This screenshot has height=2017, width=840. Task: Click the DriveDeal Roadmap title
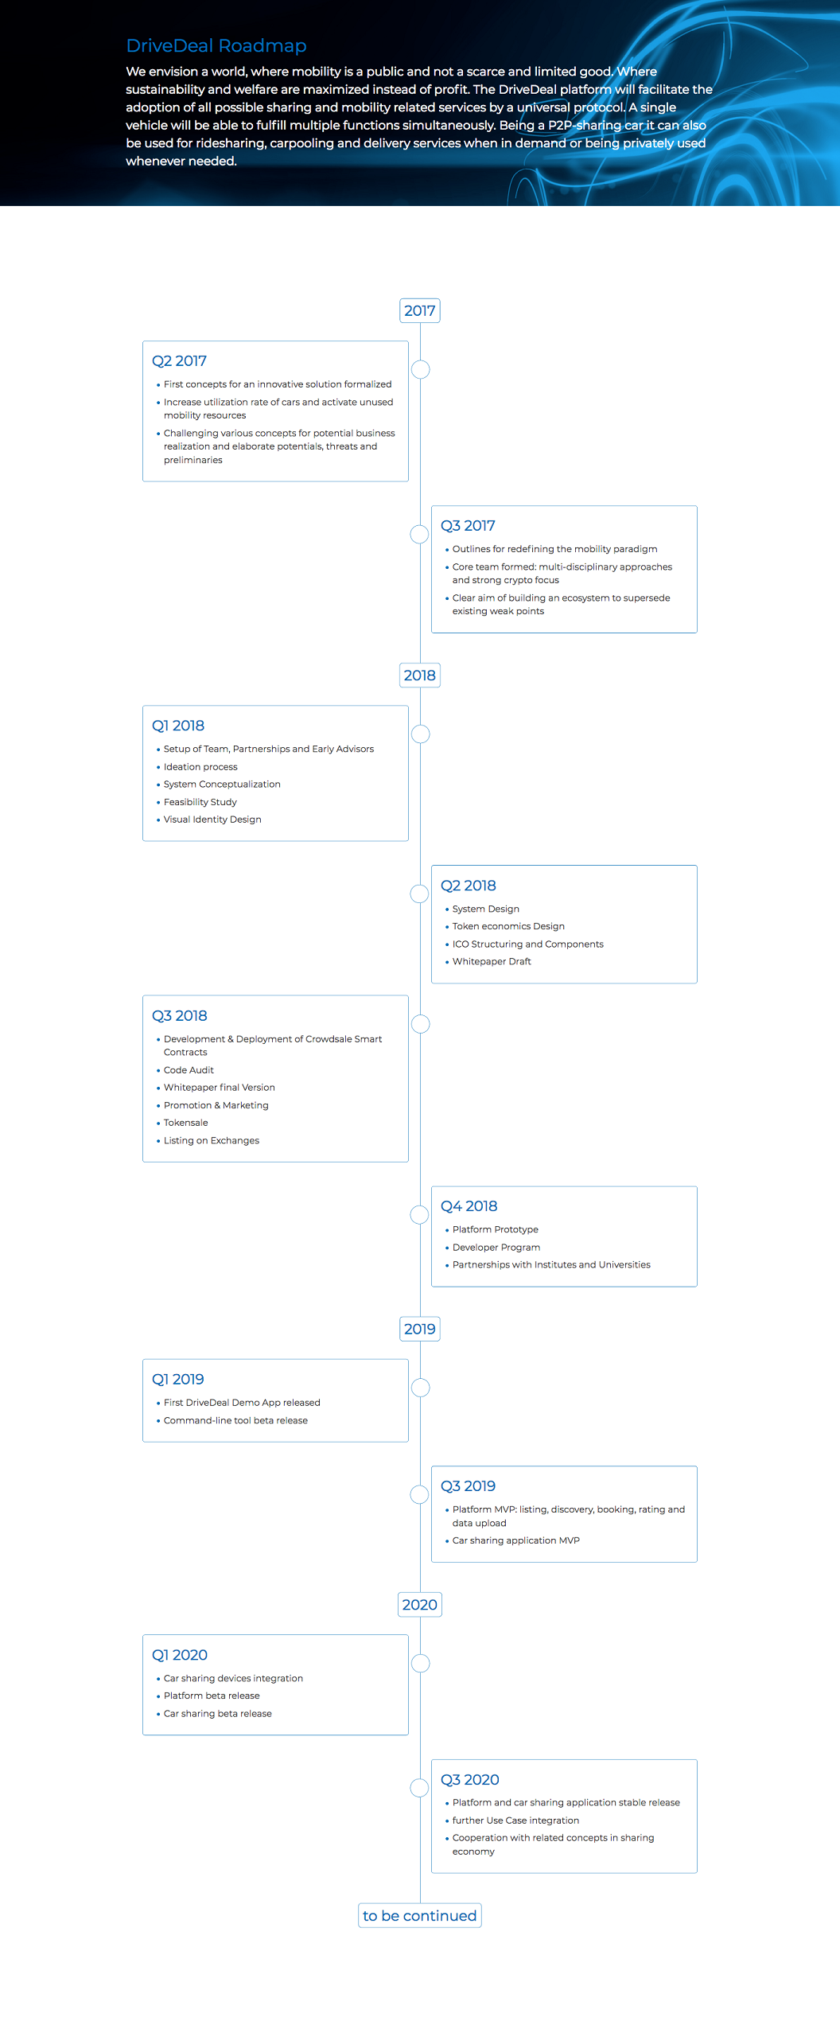coord(216,45)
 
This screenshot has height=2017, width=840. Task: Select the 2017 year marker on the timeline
coord(420,310)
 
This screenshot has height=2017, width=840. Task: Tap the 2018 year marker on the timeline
coord(420,676)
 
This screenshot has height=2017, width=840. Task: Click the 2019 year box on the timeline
coord(420,1329)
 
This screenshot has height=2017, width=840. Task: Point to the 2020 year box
coord(420,1605)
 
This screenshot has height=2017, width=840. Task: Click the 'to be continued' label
coord(420,1915)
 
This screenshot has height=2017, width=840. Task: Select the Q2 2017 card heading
coord(180,361)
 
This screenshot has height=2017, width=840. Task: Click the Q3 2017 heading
coord(468,526)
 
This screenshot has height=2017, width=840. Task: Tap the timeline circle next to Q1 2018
coord(421,734)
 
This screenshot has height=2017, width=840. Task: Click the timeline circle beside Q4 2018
coord(419,1214)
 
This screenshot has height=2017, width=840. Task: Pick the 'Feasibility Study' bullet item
coord(200,802)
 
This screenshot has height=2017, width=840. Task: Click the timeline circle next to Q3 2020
coord(419,1788)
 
